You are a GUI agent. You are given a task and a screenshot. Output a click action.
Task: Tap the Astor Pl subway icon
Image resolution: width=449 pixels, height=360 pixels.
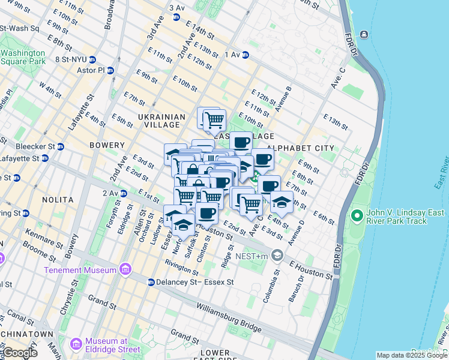click(x=109, y=70)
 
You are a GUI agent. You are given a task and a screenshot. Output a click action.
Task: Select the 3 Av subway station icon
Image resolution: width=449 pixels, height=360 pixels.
click(x=176, y=17)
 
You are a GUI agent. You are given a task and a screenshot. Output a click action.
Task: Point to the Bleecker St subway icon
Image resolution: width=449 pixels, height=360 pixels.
click(x=60, y=146)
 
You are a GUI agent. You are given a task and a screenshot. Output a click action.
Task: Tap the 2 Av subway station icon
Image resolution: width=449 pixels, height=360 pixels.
click(x=123, y=193)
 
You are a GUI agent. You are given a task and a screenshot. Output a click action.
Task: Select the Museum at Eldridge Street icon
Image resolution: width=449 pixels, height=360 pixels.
click(x=76, y=344)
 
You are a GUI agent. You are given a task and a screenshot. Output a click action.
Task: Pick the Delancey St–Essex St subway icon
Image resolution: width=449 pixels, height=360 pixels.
click(x=151, y=282)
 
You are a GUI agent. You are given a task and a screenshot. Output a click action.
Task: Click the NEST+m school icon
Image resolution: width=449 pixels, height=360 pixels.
click(x=277, y=256)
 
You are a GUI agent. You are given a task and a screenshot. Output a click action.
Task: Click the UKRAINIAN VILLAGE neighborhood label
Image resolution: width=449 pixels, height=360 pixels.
click(x=150, y=120)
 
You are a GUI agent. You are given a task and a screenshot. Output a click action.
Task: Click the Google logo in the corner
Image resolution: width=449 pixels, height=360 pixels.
click(x=19, y=353)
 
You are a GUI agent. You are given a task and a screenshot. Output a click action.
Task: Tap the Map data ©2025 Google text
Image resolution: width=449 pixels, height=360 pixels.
click(x=411, y=355)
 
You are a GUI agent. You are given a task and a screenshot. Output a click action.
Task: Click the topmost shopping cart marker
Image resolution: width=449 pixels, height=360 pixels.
click(x=213, y=119)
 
